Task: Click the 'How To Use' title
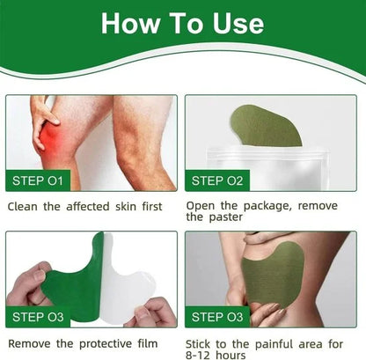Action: tap(182, 24)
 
